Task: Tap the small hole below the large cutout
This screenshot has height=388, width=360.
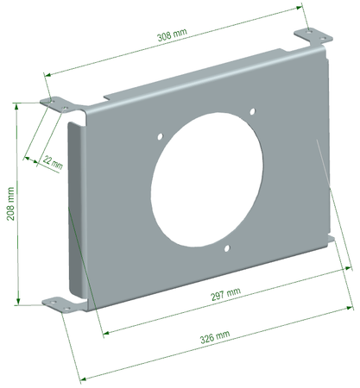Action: point(226,250)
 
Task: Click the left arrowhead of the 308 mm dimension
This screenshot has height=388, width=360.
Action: point(45,75)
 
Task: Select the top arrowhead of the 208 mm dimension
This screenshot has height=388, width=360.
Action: point(17,106)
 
